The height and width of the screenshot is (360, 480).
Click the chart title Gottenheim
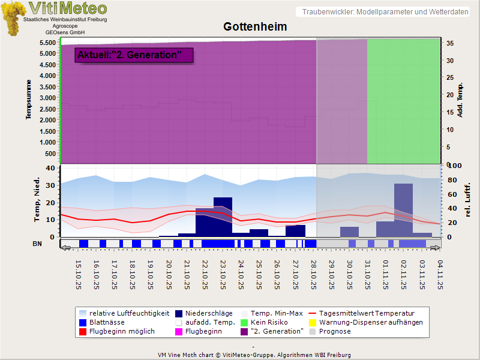[255, 27]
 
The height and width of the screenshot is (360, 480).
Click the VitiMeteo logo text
[68, 8]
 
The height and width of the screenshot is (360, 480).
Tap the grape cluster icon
[12, 18]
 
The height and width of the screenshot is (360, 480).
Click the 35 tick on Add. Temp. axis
[449, 43]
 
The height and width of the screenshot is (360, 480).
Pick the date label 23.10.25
[223, 273]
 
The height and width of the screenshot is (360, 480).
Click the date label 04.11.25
[441, 273]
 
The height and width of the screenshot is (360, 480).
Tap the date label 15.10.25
[79, 273]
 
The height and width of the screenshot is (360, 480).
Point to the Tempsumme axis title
[28, 99]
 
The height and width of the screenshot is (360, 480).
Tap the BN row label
[37, 244]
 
